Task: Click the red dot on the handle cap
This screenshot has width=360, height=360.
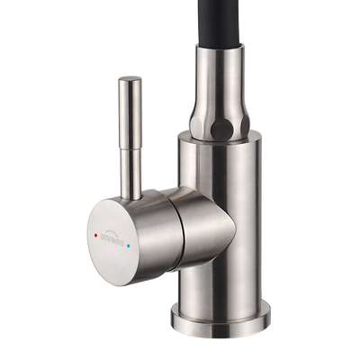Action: click(x=97, y=233)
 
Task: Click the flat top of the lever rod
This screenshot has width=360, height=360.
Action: click(x=126, y=80)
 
